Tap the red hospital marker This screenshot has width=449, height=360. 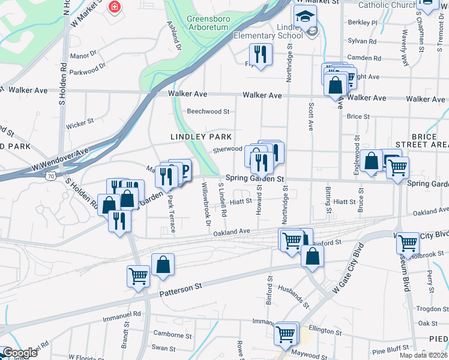(x=113, y=7)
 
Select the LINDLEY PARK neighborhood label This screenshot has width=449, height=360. (x=201, y=137)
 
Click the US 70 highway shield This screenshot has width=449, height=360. (x=52, y=176)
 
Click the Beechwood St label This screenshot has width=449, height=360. (x=208, y=112)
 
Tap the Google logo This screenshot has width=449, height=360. (x=20, y=353)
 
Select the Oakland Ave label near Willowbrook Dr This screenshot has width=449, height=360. (x=231, y=232)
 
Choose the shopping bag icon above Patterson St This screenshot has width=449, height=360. (x=163, y=264)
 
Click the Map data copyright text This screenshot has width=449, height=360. (x=423, y=355)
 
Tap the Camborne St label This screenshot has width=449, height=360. (x=171, y=334)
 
